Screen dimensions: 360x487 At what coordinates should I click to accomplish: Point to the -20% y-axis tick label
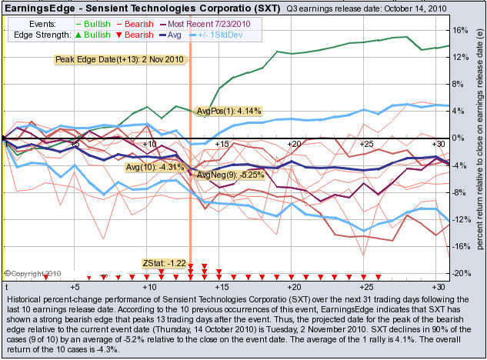click(461, 274)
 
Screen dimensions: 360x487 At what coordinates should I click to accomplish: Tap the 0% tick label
click(459, 138)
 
